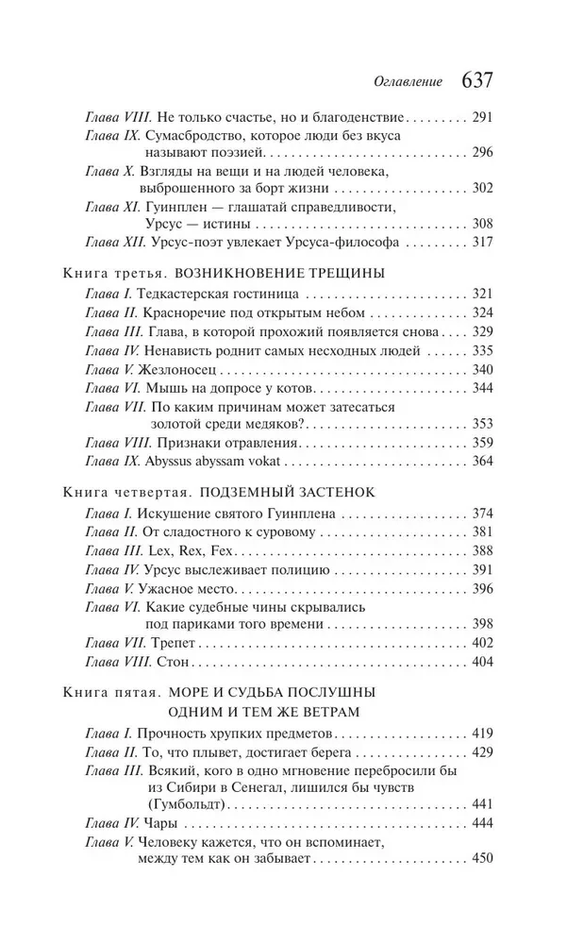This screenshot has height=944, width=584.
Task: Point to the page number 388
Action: (483, 550)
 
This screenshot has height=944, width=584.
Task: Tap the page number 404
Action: (483, 663)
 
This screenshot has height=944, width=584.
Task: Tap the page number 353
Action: (483, 423)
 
